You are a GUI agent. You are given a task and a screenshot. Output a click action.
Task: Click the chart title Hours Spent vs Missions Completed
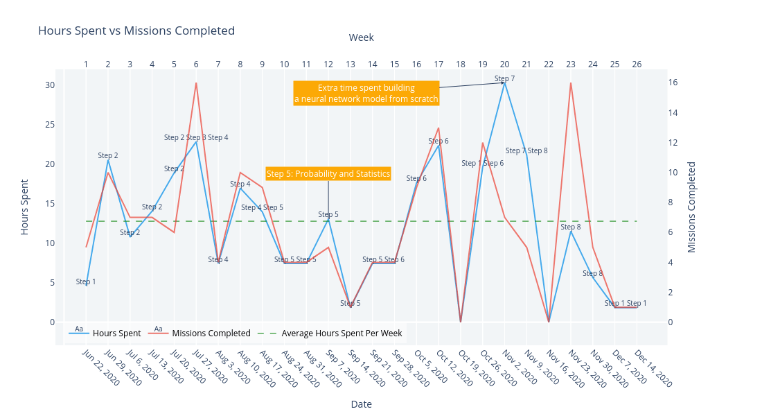tap(136, 31)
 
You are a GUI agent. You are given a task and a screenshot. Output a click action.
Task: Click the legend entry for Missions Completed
tap(211, 333)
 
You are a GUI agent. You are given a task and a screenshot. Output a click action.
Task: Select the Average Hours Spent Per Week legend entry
tap(341, 333)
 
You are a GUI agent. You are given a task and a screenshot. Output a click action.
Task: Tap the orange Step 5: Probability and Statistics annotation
tap(328, 173)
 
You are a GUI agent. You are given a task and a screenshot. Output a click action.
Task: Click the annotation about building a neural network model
tap(366, 93)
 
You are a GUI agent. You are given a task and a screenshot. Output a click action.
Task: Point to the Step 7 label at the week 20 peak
tap(504, 78)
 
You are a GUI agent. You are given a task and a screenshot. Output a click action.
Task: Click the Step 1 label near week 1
tap(86, 281)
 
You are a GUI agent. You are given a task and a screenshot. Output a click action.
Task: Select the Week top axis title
tap(361, 37)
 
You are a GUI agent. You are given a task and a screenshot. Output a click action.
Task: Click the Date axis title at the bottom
tap(361, 404)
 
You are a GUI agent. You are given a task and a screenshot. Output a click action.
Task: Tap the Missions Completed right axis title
tap(691, 207)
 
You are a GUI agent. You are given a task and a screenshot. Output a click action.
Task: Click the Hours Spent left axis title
tap(25, 207)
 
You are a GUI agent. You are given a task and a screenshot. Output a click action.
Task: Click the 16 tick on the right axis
tap(673, 82)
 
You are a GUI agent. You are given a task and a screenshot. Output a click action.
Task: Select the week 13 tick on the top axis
tap(351, 64)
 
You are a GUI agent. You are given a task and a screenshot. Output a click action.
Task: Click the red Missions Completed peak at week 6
tap(196, 83)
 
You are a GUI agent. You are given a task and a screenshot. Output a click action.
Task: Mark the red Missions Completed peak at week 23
tap(571, 83)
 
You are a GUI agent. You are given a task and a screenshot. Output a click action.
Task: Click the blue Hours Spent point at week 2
tap(108, 161)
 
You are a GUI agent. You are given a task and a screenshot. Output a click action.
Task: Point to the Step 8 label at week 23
tap(571, 227)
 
